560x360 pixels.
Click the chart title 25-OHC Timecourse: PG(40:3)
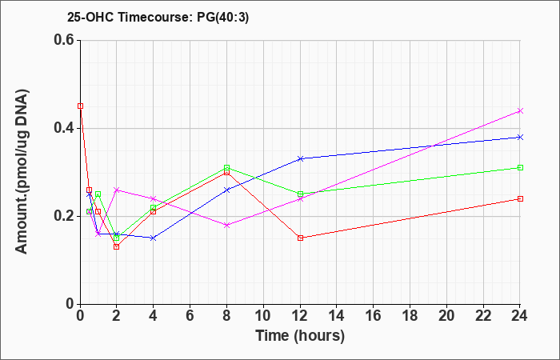158,18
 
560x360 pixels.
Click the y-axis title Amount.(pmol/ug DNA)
22,172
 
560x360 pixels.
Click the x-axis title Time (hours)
300,336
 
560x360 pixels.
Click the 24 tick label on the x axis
519,316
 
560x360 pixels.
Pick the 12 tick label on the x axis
300,316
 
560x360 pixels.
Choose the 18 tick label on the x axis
410,316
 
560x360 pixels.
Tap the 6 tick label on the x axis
190,316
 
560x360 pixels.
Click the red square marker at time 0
80,106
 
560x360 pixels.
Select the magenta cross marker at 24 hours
520,110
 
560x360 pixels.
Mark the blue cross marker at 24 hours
520,137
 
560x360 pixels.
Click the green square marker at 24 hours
520,167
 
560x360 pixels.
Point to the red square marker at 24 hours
520,198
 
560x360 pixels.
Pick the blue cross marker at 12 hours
300,158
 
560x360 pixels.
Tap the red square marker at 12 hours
300,238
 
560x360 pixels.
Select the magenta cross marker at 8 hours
226,225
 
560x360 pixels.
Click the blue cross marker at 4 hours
154,238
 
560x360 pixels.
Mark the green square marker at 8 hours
226,167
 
